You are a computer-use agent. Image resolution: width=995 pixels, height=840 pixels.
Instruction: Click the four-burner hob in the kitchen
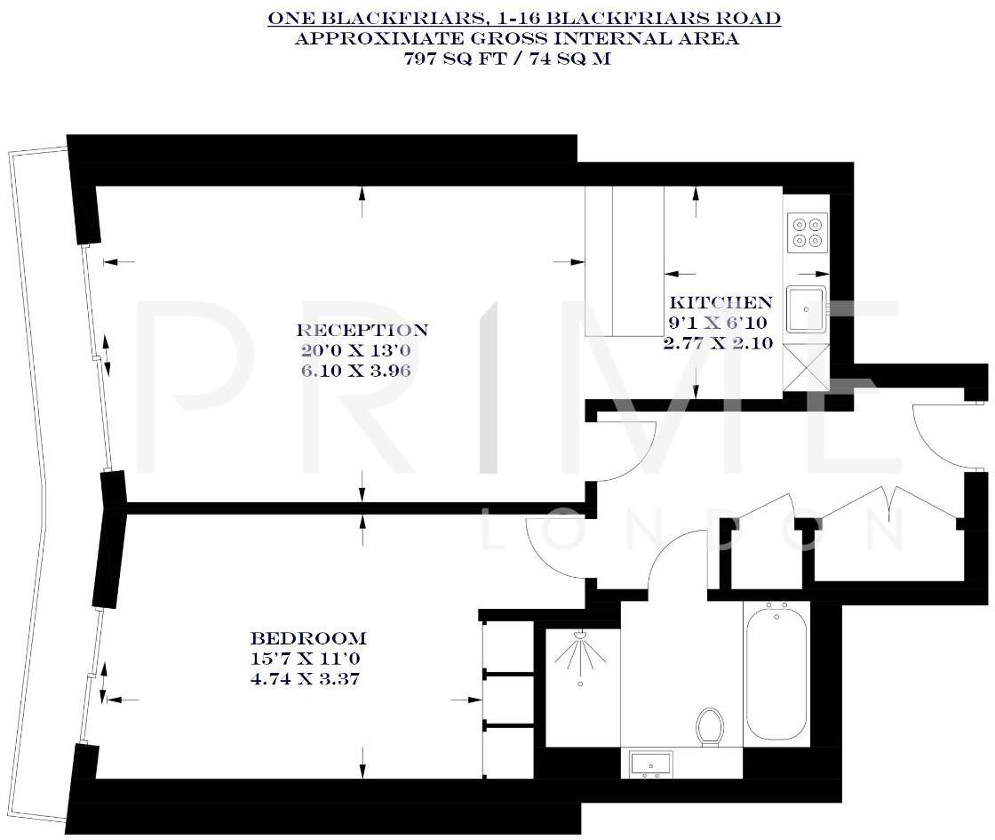point(807,232)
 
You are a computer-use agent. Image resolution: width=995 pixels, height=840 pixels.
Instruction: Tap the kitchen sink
point(807,309)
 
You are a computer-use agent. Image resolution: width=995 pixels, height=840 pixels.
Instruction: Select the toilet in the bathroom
point(710,726)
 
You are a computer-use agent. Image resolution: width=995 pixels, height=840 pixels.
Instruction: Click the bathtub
point(777,673)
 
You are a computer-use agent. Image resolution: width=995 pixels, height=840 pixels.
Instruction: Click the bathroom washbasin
point(650,764)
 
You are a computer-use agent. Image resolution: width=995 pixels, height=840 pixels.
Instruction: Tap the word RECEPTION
point(362,331)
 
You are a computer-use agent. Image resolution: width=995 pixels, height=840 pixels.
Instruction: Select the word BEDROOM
point(308,638)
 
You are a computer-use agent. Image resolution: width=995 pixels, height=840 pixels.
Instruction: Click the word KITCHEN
point(720,302)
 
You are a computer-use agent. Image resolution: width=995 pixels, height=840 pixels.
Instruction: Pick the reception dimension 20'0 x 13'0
point(362,349)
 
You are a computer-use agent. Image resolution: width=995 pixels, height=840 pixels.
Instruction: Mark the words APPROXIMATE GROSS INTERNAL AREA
point(516,38)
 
